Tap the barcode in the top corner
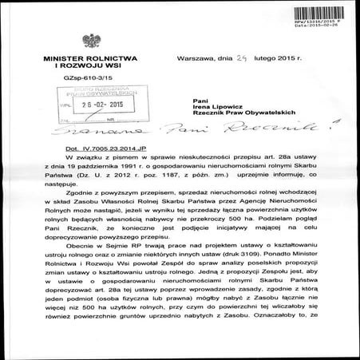(x=330, y=6)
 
